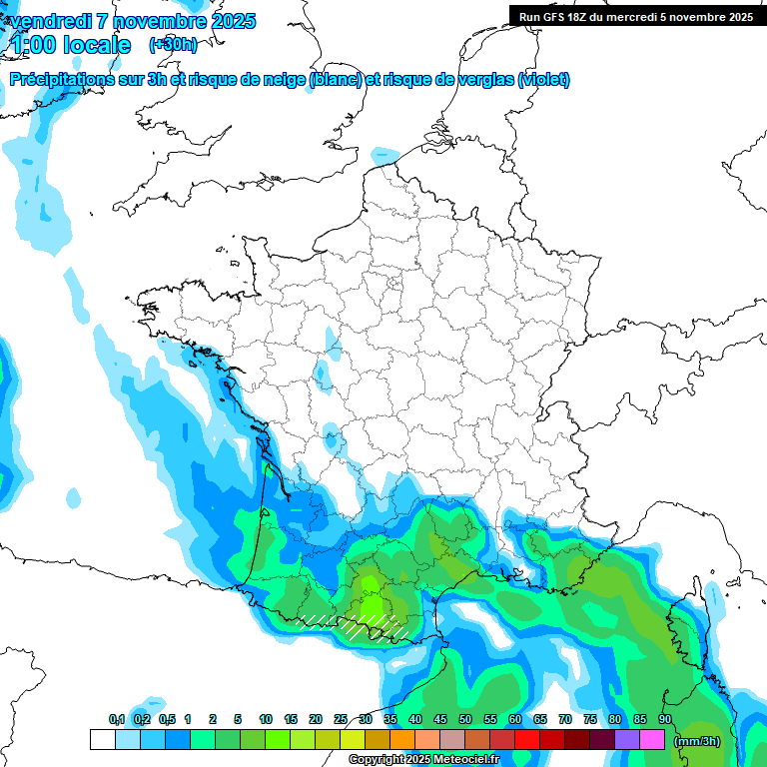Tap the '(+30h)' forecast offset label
[173, 44]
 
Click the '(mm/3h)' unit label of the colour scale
[697, 741]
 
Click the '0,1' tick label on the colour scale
[117, 720]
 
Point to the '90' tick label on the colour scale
[664, 720]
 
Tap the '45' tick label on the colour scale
[440, 720]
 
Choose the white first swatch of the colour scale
[102, 740]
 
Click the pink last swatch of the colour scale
[652, 740]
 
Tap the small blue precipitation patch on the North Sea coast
[384, 156]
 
